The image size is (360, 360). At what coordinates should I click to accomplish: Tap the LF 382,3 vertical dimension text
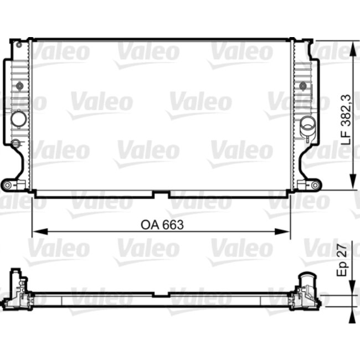pos(346,119)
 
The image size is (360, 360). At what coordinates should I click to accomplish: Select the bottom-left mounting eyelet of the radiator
pos(8,184)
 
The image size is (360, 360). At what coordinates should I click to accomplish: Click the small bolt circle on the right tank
pos(303,86)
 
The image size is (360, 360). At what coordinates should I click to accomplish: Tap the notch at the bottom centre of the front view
pos(161,194)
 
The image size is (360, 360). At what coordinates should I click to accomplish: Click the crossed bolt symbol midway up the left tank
pos(20,86)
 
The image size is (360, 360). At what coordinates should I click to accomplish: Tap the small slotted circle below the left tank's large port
pos(16,143)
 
